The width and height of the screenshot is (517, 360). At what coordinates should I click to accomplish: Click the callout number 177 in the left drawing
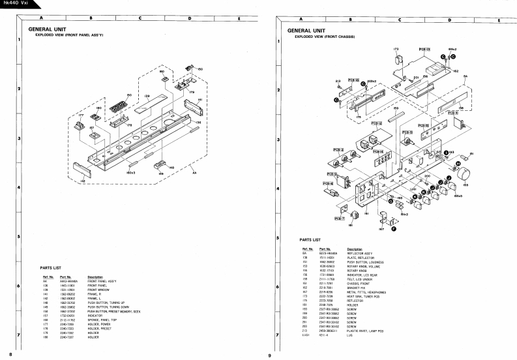81,115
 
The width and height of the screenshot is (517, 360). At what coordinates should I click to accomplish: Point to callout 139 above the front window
147,97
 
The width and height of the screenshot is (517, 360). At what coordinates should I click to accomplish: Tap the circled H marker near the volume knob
458,165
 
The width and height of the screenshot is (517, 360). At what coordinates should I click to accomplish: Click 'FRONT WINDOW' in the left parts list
98,289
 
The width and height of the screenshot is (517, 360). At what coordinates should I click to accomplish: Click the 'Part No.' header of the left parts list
65,277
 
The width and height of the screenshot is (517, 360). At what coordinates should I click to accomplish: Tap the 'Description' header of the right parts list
355,248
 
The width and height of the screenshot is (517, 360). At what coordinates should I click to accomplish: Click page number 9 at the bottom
269,354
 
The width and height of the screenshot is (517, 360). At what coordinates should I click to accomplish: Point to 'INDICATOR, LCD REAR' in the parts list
361,275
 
